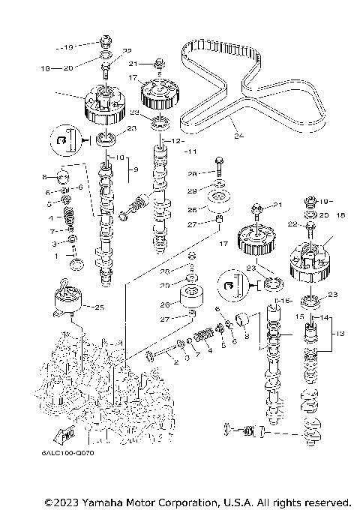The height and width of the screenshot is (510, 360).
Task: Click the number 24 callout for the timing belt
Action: click(x=238, y=136)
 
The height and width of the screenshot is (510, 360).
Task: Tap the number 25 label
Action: click(x=100, y=306)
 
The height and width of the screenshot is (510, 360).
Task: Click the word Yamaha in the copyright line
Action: click(x=107, y=501)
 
